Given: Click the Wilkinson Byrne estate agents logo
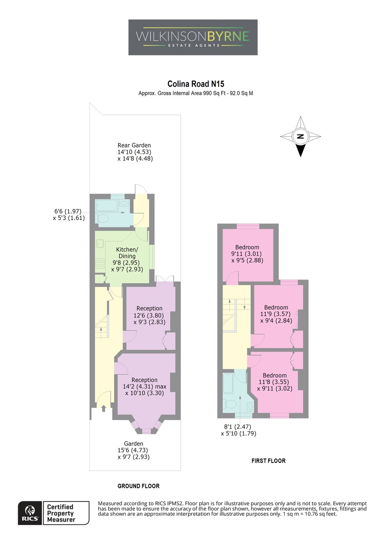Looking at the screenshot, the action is click(x=192, y=37).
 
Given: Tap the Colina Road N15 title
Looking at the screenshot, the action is click(x=196, y=84).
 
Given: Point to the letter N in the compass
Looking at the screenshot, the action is click(x=301, y=136).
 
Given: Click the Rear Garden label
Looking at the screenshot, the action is click(x=134, y=145).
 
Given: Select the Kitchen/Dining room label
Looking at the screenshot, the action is click(x=127, y=253).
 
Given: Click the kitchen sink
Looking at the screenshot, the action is click(x=100, y=243).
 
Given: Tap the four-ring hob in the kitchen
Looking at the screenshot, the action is click(x=100, y=263).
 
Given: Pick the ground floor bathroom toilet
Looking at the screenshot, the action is click(x=102, y=218).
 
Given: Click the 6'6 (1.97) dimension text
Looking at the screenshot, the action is click(x=68, y=211).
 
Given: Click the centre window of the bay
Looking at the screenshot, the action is click(x=146, y=431).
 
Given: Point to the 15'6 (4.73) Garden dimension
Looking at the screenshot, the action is click(x=133, y=450).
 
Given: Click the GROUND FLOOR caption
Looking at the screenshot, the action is click(x=138, y=486).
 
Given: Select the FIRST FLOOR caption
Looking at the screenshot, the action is click(x=268, y=461).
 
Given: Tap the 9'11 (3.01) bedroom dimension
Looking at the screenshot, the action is click(x=247, y=254).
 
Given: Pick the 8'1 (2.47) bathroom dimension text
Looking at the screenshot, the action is click(x=237, y=426).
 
